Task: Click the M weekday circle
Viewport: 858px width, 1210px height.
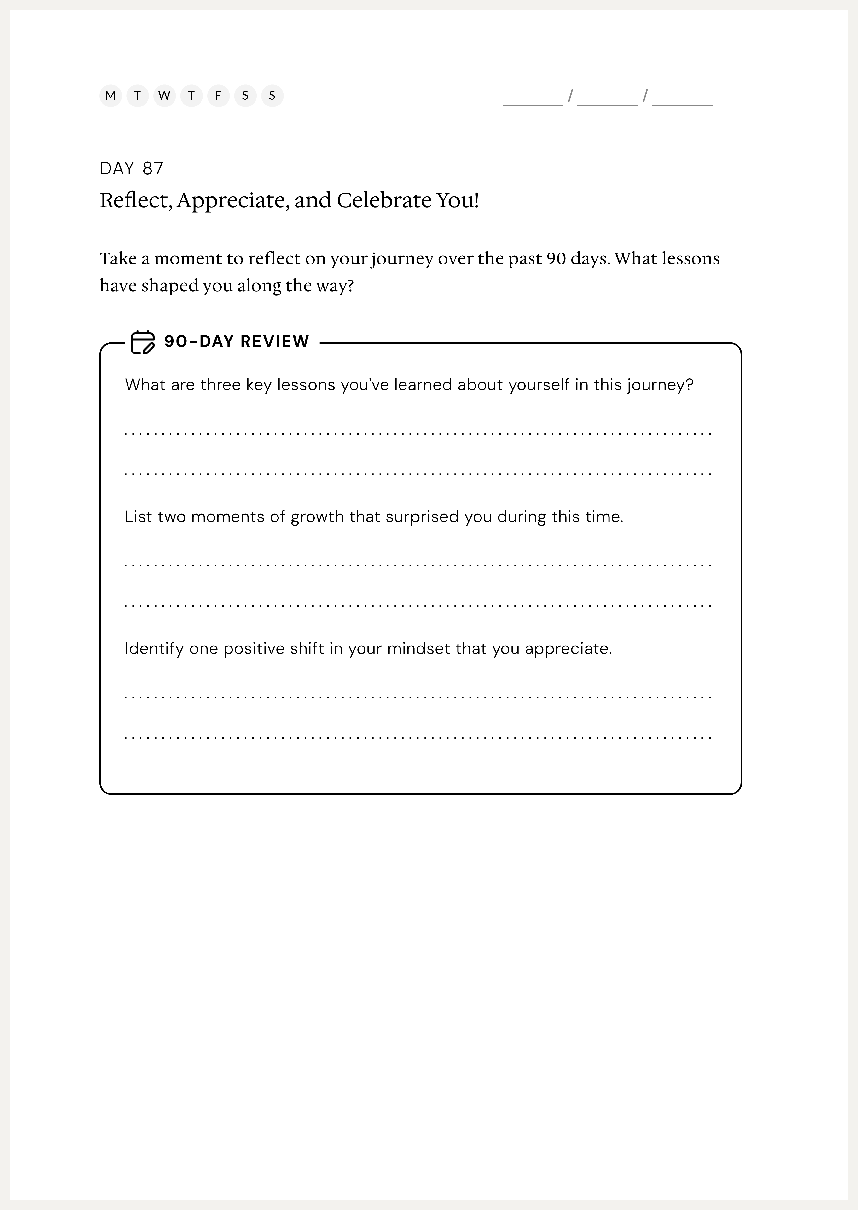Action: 110,96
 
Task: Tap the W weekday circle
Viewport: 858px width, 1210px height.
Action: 164,96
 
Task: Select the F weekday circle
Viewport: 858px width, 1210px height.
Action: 218,96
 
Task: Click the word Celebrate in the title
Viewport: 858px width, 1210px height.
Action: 383,200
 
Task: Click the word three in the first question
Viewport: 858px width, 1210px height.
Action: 220,385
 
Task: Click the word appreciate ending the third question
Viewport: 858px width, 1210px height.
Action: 568,649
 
